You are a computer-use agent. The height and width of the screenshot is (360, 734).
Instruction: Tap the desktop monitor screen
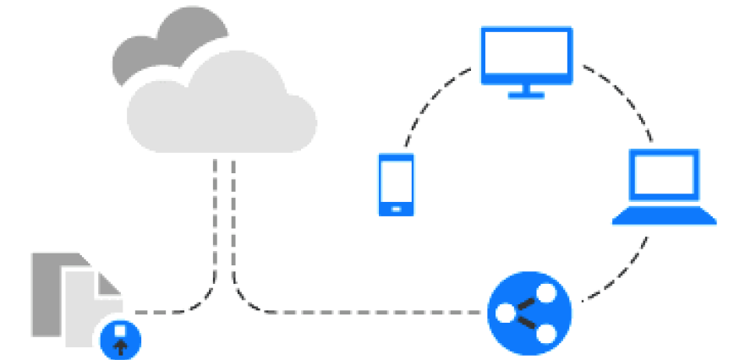(525, 54)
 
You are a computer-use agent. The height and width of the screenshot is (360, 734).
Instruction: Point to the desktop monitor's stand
(525, 90)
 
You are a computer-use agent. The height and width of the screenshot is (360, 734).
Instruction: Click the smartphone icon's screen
(396, 180)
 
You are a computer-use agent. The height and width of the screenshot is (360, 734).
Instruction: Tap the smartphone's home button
(396, 206)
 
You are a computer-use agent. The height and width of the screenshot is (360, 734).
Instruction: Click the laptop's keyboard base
(665, 218)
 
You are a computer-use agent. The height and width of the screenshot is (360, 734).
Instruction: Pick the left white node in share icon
(506, 314)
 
